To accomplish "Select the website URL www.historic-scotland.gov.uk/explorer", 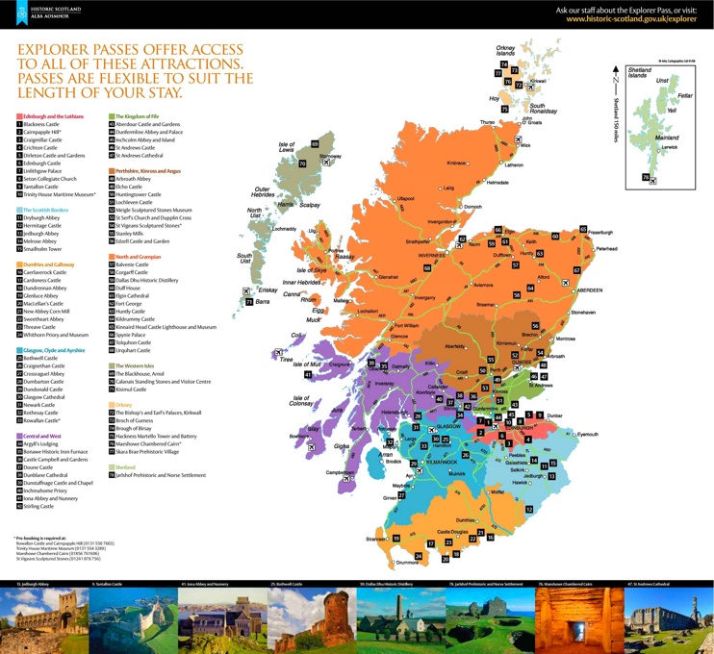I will [630, 18].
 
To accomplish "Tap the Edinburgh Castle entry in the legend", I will [42, 163].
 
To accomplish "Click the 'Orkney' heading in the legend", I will [123, 405].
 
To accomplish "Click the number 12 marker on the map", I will [528, 509].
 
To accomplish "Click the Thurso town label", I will [487, 122].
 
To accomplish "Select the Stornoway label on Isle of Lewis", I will [330, 156].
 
